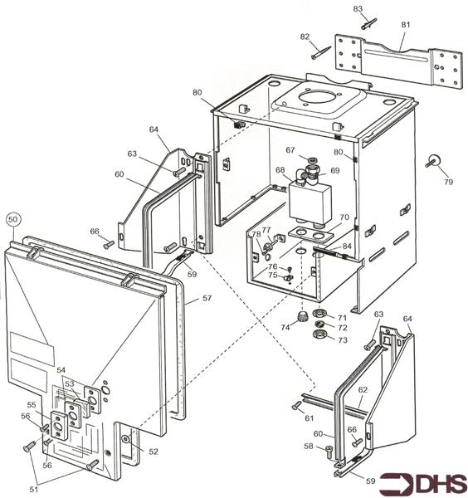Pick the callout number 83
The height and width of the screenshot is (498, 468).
358,8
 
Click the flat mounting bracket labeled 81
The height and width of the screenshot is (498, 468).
398,61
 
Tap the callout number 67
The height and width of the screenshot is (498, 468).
290,150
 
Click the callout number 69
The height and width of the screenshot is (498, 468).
335,171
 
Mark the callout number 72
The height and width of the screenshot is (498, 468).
343,328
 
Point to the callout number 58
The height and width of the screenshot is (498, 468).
308,447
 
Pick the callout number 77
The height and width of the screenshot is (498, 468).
266,229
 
